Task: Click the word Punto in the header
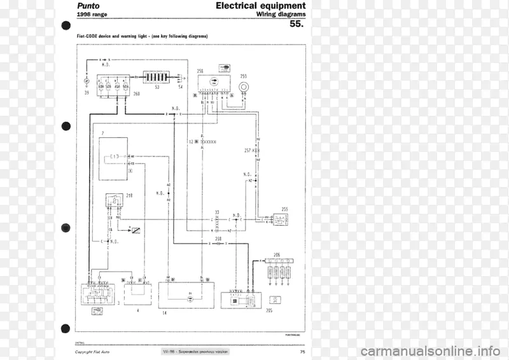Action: [x=88, y=6]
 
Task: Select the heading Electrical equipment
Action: [x=260, y=6]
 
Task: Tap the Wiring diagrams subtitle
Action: [x=281, y=14]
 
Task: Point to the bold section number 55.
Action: [x=296, y=25]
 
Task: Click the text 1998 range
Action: [x=92, y=15]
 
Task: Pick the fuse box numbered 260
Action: [x=113, y=86]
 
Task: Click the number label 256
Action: [x=200, y=71]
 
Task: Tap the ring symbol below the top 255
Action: [x=243, y=86]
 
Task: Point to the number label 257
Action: [x=248, y=150]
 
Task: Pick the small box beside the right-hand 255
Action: [x=281, y=219]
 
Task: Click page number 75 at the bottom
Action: [x=302, y=352]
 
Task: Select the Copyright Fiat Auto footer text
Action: [x=92, y=352]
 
